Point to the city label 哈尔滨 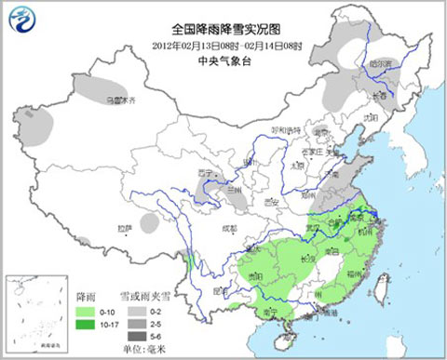378,63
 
